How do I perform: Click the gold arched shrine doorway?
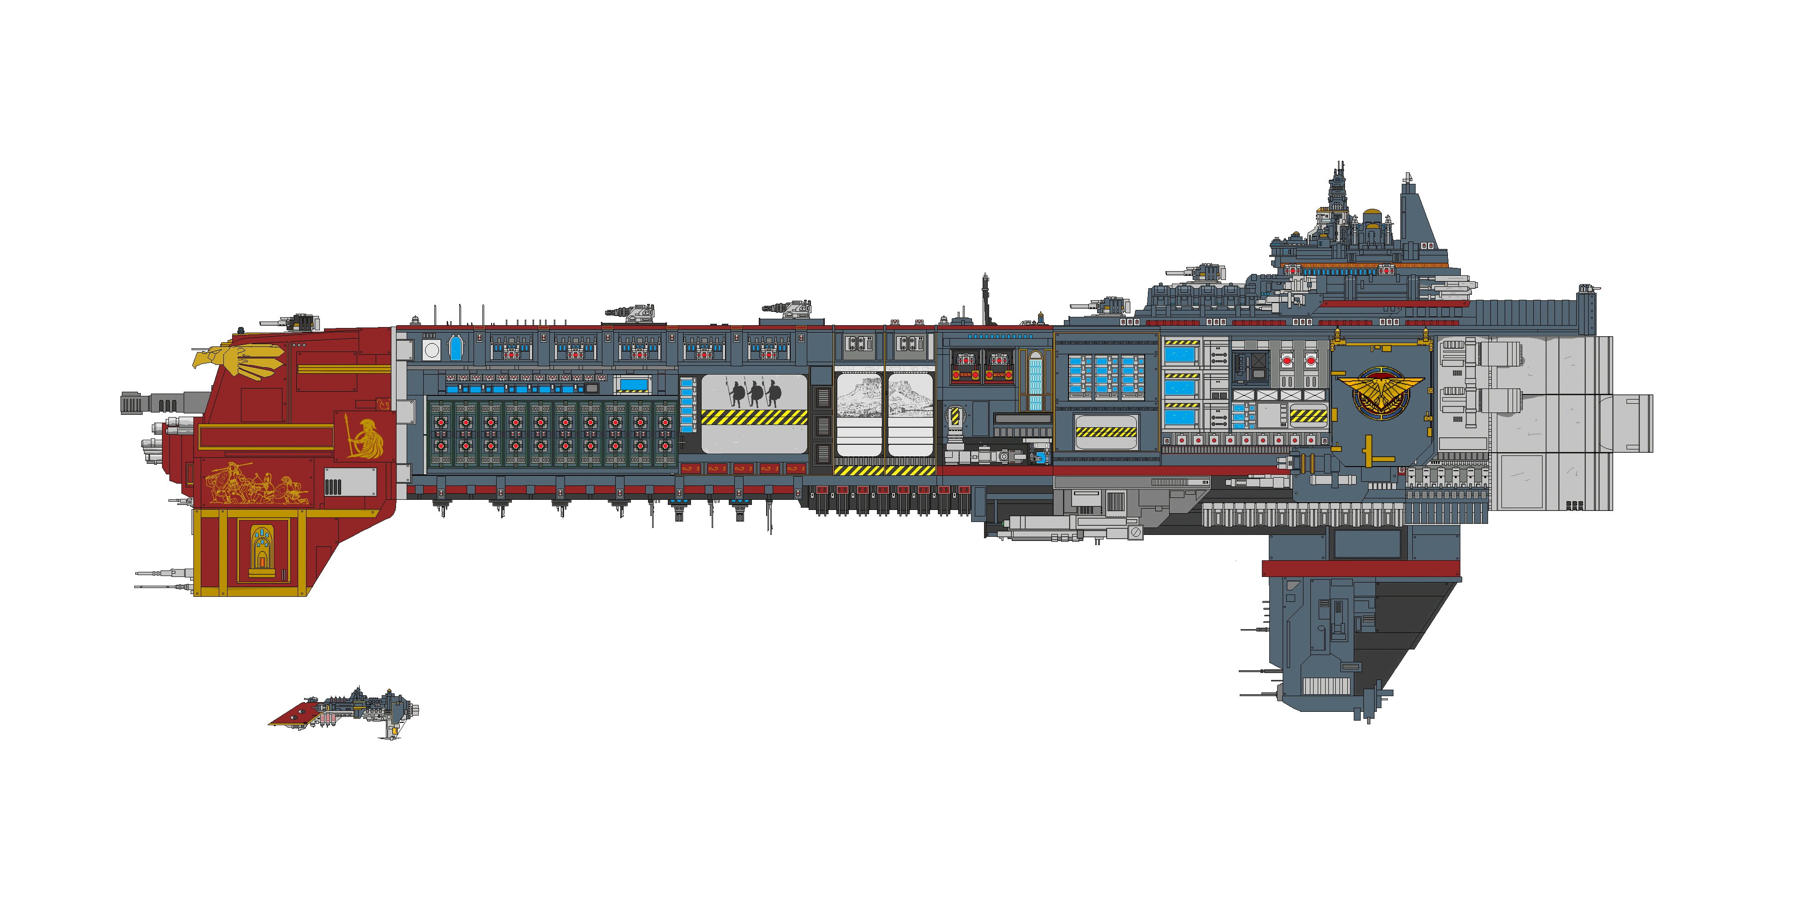[262, 548]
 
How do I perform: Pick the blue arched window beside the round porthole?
[455, 348]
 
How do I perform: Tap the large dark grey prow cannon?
[164, 404]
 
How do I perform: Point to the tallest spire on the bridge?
[1338, 181]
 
